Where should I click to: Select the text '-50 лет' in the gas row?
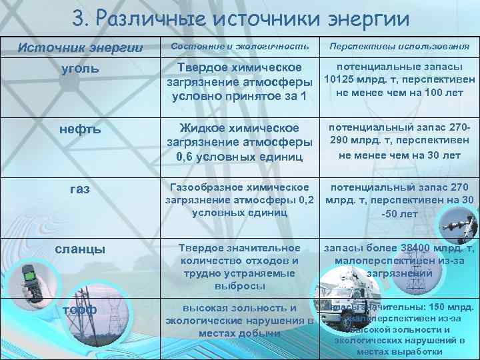click(399, 214)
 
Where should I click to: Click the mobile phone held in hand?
click(33, 280)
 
